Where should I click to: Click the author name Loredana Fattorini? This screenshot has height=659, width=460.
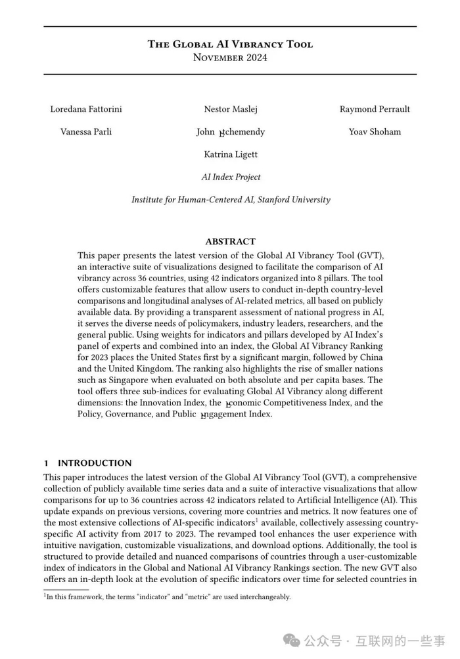click(x=86, y=109)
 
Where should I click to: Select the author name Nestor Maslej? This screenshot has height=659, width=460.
click(x=231, y=109)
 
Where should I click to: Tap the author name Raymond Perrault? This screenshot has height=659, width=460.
click(x=375, y=109)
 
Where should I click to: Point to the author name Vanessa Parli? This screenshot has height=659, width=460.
click(x=86, y=131)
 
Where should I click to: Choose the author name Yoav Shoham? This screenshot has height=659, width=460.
click(x=375, y=131)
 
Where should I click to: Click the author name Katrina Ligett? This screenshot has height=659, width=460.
click(x=231, y=154)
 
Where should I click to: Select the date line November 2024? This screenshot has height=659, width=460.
click(x=230, y=57)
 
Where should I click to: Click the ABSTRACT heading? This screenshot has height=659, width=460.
click(x=230, y=241)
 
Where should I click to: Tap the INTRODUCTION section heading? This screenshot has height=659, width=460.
click(x=95, y=463)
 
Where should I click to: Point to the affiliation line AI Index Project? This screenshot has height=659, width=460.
click(x=231, y=177)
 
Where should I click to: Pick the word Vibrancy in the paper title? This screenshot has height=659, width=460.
click(x=252, y=45)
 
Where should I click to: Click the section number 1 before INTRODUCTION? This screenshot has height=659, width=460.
click(x=47, y=463)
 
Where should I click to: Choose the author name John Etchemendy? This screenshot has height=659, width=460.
click(x=231, y=131)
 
